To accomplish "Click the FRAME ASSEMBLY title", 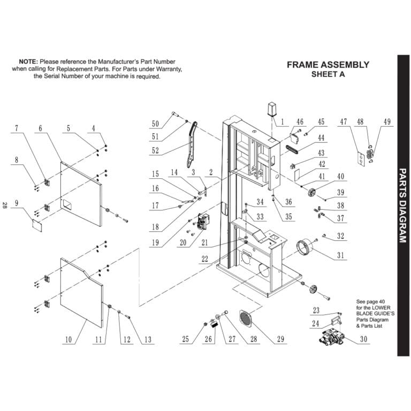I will click(x=328, y=65).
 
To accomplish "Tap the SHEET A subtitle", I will click(x=328, y=75).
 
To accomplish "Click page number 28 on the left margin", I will click(x=5, y=205).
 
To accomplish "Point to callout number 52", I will click(x=155, y=150).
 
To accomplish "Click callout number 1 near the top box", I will click(x=282, y=121).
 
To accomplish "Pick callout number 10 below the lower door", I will click(x=68, y=340).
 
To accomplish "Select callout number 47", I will click(x=344, y=122).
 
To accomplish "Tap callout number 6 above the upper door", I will click(x=40, y=128).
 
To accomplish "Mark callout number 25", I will click(x=185, y=340).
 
